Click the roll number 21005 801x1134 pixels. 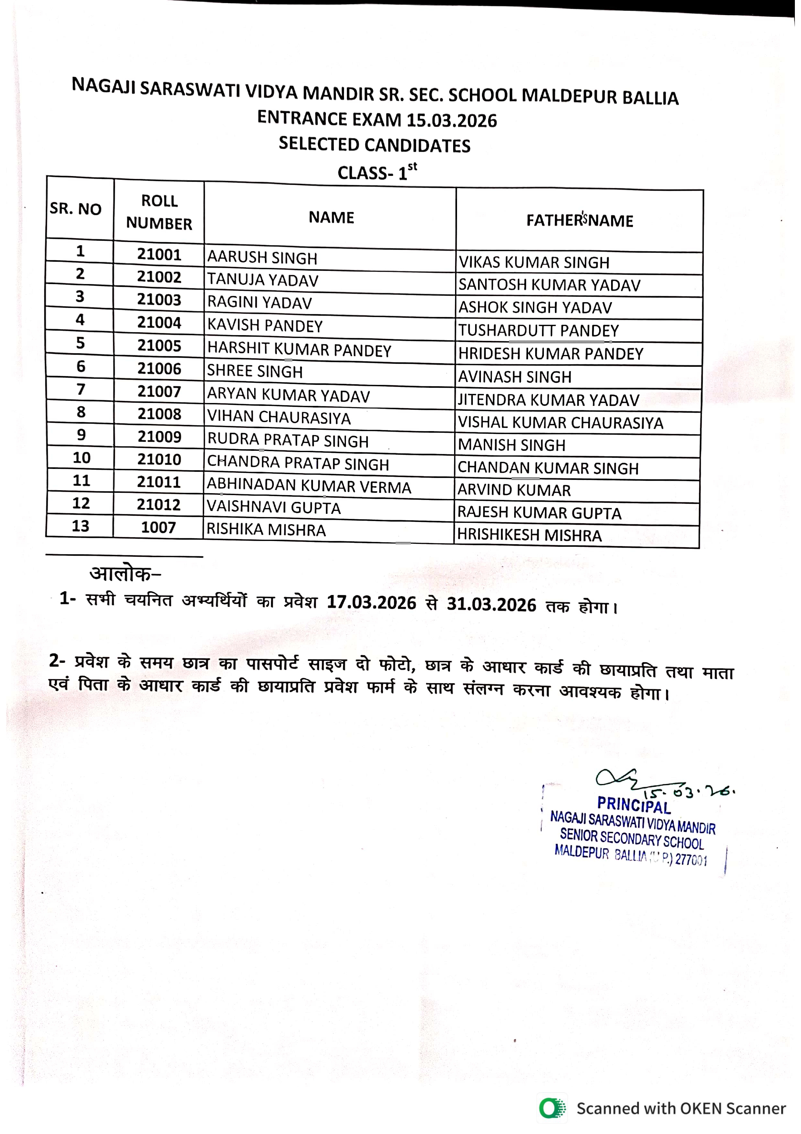coord(159,345)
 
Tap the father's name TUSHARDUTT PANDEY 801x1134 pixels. coord(538,330)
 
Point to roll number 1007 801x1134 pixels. coord(158,527)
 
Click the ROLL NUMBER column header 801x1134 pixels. coord(159,212)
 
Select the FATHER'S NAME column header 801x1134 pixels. coord(579,220)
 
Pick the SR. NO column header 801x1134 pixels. coord(76,209)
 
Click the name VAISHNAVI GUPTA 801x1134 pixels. coord(274,508)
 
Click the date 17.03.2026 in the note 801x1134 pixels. coord(372,603)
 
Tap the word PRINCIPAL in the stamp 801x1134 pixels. coord(634,806)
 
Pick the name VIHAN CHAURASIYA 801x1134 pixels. coord(279,417)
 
